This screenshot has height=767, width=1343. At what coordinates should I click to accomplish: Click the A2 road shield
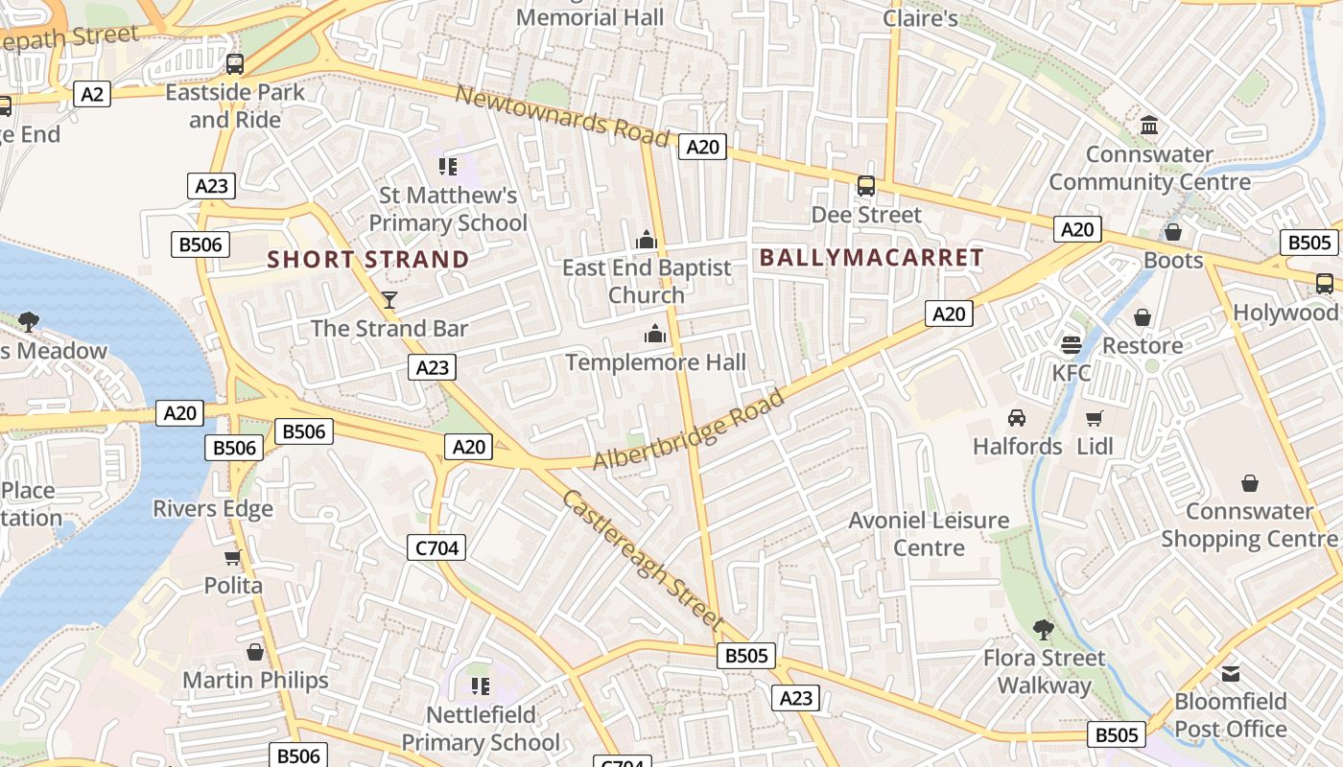tap(92, 94)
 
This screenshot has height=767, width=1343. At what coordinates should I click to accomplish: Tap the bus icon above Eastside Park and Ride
tap(235, 64)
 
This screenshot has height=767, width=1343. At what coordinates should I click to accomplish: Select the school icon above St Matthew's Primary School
tap(448, 167)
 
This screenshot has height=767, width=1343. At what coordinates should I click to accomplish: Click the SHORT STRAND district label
tap(368, 260)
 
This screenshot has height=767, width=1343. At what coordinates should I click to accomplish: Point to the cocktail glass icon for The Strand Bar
tap(389, 300)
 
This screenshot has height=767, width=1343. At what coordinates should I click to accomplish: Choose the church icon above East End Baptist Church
tap(647, 239)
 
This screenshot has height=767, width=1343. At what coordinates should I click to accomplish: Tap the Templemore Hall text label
tap(655, 362)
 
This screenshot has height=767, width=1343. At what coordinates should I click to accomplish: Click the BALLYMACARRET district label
tap(871, 257)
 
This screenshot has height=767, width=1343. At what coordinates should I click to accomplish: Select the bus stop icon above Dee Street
tap(866, 186)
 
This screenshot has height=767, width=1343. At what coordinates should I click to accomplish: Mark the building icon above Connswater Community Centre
tap(1148, 126)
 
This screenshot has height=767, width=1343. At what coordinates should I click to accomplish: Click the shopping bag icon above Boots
tap(1172, 232)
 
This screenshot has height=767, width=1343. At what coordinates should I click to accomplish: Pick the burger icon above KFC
tap(1072, 344)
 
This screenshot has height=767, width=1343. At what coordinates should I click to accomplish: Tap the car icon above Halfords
tap(1017, 418)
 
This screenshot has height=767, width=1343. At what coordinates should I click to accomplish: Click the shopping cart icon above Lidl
tap(1095, 418)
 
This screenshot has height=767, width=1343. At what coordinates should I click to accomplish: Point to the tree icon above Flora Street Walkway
tap(1044, 630)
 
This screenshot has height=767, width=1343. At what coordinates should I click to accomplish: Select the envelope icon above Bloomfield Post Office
tap(1231, 673)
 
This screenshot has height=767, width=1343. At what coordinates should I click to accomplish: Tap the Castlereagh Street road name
tap(642, 560)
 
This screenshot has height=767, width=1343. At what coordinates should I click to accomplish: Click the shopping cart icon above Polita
tap(232, 557)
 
